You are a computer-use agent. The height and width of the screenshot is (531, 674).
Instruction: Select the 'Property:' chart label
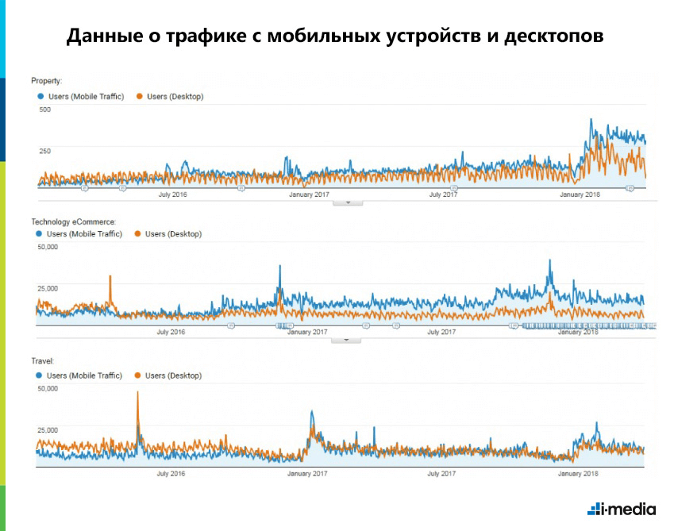(47, 81)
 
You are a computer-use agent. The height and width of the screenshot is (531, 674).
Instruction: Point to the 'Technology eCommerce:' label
(73, 221)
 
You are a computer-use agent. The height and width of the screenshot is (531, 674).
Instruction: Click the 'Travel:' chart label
(43, 360)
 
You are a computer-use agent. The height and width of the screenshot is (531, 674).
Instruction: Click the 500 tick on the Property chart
(44, 110)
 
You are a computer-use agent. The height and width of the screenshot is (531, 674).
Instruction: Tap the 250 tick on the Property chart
(44, 151)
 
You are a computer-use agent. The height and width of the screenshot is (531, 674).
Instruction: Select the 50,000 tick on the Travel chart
(48, 389)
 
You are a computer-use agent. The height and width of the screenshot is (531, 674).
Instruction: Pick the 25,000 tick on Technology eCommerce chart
(48, 288)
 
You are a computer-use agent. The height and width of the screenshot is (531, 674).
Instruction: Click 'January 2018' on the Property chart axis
(580, 194)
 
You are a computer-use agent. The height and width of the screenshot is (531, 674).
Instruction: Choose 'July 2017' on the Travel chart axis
(443, 474)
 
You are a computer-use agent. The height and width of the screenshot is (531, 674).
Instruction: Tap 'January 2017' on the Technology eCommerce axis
(308, 333)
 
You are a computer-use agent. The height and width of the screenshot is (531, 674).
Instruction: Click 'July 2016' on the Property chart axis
(173, 194)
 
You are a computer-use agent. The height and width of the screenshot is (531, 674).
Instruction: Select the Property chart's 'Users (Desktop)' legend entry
(170, 97)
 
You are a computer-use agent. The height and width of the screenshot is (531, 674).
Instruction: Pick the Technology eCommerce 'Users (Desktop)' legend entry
(168, 234)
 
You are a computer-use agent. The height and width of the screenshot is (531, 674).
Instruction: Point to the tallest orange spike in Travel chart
(138, 394)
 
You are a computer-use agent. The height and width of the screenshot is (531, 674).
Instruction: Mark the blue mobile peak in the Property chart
(591, 121)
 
